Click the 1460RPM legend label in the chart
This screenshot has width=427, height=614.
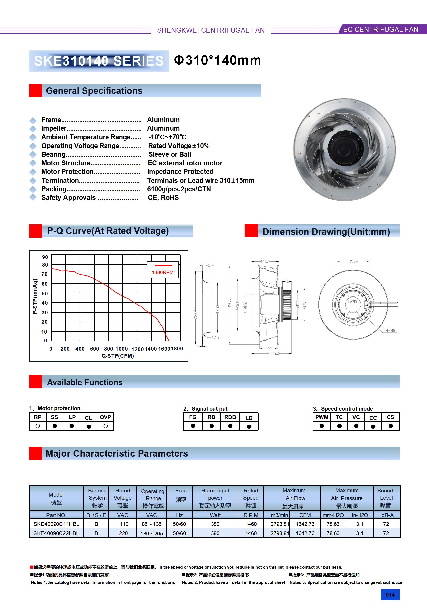163,272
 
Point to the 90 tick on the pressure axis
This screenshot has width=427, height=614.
45,257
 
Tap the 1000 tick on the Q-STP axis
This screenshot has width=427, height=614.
122,349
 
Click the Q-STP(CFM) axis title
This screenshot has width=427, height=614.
118,356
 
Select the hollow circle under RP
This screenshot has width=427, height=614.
38,426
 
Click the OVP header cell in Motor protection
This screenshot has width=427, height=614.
105,417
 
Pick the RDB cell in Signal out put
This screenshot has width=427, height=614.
230,417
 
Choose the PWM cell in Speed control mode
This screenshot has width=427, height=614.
322,417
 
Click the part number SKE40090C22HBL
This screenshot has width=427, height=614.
56,533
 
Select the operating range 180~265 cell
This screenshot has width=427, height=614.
152,533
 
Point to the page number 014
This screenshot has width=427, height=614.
390,595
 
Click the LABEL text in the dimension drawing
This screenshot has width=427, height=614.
353,302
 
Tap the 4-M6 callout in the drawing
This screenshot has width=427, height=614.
390,330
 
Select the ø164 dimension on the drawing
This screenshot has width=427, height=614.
354,261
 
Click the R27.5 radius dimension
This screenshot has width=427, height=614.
214,338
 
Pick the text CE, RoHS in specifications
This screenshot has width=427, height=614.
163,198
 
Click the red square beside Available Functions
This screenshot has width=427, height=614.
36,382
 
